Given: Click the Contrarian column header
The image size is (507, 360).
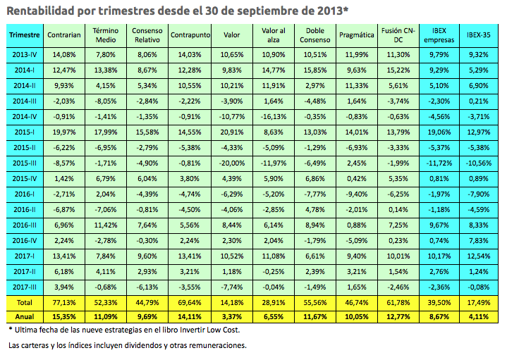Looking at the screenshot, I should coord(63,35).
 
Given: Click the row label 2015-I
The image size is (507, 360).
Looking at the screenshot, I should coord(25,131).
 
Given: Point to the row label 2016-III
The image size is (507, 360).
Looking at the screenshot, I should coord(25,224).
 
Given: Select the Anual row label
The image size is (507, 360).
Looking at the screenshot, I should coord(25,317).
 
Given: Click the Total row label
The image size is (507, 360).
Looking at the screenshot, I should coord(25,302).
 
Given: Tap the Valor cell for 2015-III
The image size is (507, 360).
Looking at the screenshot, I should coord(230,162).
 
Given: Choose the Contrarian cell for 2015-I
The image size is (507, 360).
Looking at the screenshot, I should coord(63,131).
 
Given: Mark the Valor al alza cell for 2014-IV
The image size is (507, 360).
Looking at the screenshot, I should coord(272,116).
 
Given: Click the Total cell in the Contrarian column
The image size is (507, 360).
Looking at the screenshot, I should coord(63,302).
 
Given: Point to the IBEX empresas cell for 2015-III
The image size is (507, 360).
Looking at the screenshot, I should coord(437,162).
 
